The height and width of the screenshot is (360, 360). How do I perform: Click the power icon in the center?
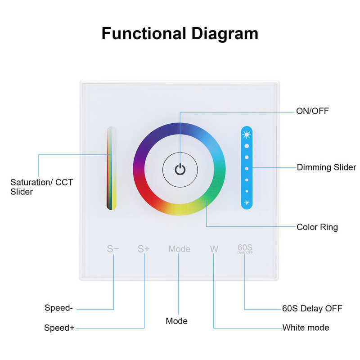point(180,170)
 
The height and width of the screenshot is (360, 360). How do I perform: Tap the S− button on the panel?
point(113,249)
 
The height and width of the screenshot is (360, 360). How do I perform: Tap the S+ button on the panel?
point(144,249)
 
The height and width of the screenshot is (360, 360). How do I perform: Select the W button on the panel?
point(214,249)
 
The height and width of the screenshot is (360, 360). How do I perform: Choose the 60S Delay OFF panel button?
point(245,248)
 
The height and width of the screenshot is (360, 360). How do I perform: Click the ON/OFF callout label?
point(312,111)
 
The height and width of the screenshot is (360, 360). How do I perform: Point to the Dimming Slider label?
point(326,167)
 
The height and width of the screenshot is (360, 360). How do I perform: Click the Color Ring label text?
point(317,227)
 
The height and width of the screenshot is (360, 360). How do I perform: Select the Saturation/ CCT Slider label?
point(41,187)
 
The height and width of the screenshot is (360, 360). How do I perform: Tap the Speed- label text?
point(58,308)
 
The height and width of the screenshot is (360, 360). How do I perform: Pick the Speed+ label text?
point(59,328)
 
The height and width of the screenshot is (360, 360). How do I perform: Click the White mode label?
point(306,328)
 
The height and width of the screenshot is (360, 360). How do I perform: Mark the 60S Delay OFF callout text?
point(312,308)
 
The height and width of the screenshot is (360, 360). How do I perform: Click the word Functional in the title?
point(144,34)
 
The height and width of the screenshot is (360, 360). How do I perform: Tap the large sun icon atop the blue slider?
point(247,134)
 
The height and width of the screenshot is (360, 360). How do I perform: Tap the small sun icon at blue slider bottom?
point(247,202)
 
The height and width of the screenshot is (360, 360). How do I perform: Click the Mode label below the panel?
point(176,321)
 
